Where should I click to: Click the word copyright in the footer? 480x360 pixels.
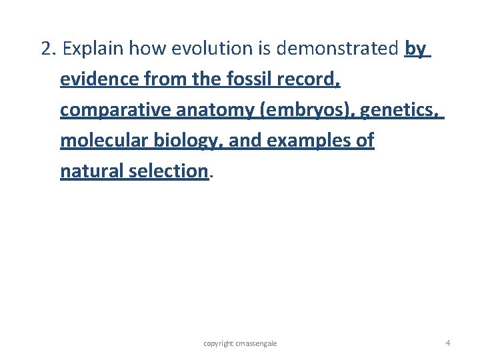(219, 343)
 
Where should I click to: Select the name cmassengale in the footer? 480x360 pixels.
(256, 343)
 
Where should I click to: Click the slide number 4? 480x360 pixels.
(447, 343)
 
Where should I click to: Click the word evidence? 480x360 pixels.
(100, 80)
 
